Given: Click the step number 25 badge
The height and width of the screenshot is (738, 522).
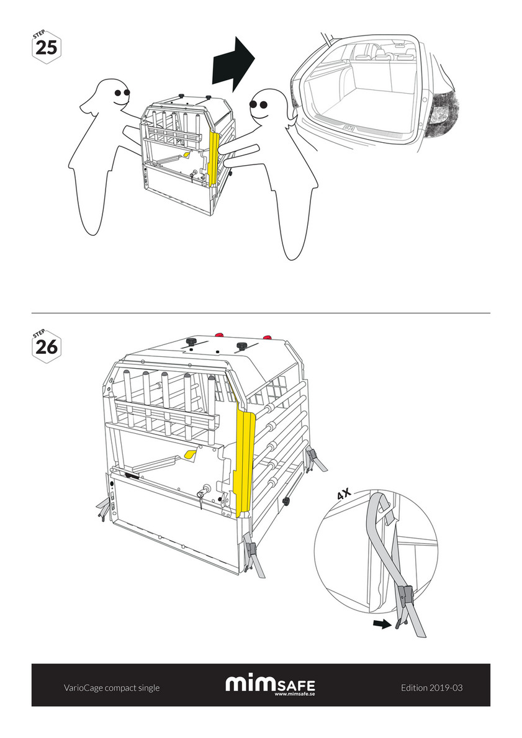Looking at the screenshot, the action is tap(46, 46).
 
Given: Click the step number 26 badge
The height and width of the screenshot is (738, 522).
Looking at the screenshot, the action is tap(46, 346).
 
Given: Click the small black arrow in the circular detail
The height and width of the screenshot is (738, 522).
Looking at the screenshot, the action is tap(382, 624).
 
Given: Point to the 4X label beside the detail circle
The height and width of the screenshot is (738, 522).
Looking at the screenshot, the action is tap(344, 493).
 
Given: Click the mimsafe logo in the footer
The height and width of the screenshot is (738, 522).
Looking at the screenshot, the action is tap(270, 685).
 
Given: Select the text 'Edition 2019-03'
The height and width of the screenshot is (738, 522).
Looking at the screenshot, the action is tap(431, 688).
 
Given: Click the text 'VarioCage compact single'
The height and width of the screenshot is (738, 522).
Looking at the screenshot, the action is tap(112, 688).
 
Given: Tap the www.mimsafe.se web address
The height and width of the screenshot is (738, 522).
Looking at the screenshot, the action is tap(295, 694).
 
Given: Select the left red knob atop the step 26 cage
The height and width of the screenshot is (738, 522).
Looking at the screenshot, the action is tap(219, 335).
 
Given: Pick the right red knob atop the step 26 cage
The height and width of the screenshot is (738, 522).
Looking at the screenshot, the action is tap(268, 337).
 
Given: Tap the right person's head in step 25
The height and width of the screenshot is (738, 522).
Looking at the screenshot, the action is tap(266, 106).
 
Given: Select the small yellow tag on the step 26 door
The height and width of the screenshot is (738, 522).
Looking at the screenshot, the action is tap(191, 454).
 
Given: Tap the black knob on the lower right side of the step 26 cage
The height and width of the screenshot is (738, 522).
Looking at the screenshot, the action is tap(286, 501).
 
